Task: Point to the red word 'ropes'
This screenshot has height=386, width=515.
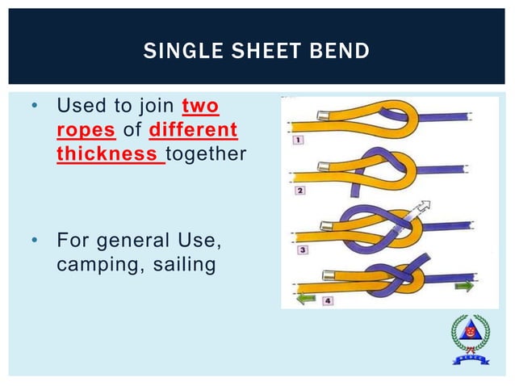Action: pos(80,130)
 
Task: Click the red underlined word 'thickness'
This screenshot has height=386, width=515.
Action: pos(109,153)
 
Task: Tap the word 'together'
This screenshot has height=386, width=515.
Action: pos(206,153)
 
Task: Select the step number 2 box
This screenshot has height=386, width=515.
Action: pos(299,191)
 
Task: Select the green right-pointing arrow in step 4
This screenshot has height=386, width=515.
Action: pos(465,285)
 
